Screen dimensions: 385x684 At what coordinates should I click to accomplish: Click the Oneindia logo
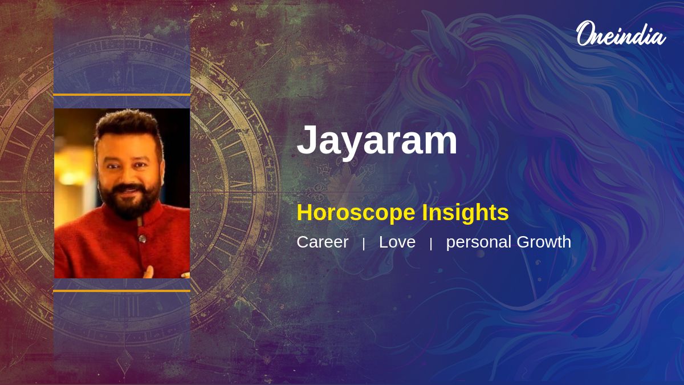point(621,34)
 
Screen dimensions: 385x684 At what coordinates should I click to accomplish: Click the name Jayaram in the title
point(377,140)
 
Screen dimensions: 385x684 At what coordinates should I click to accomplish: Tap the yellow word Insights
point(465,213)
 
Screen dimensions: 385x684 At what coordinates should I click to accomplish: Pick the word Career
point(322,242)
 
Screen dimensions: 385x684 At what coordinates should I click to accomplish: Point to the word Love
point(397,242)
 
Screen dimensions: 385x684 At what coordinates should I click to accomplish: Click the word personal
point(479,242)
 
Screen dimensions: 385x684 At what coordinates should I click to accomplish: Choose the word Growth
point(544,242)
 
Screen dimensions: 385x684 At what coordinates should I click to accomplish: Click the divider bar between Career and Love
point(364,244)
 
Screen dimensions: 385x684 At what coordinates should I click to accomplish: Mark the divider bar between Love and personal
point(431,244)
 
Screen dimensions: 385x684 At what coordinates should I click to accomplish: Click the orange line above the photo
point(121,95)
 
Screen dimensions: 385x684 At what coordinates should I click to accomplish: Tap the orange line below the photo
point(121,291)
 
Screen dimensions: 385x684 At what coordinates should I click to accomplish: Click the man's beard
point(127,202)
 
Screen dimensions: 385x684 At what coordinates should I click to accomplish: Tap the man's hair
point(127,121)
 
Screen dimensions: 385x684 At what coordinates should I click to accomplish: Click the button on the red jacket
point(141,238)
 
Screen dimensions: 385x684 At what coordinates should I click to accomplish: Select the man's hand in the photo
point(149,271)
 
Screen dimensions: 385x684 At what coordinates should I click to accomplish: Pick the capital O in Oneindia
point(585,34)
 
